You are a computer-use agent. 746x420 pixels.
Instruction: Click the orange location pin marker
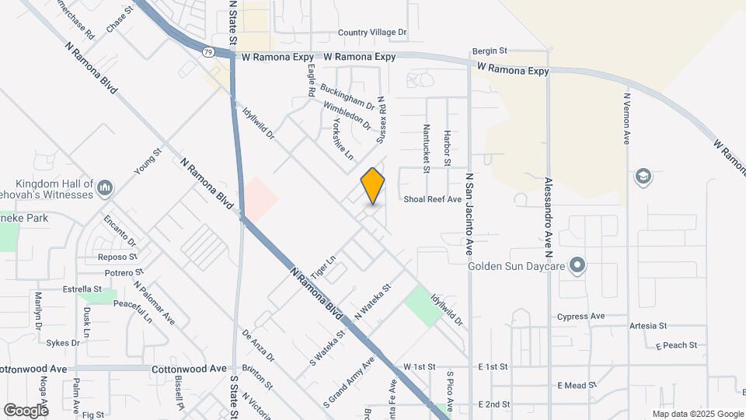click(373, 186)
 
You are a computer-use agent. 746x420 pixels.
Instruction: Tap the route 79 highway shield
click(208, 52)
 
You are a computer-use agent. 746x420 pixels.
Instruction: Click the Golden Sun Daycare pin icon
click(577, 266)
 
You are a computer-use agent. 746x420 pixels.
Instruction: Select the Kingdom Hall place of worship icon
click(106, 187)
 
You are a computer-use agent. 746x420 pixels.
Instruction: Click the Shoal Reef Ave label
click(432, 199)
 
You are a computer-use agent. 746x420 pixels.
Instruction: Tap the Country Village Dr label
click(372, 33)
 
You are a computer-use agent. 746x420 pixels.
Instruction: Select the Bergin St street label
click(490, 51)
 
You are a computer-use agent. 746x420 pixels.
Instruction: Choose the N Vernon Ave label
click(626, 119)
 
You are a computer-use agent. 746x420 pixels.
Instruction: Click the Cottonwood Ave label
click(189, 369)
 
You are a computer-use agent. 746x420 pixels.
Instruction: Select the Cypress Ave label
click(580, 317)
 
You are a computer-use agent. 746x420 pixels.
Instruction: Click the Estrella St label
click(82, 289)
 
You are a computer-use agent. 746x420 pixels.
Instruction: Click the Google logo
click(26, 410)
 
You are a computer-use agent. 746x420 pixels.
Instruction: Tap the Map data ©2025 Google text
click(698, 414)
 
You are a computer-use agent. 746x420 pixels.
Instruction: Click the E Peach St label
click(676, 345)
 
